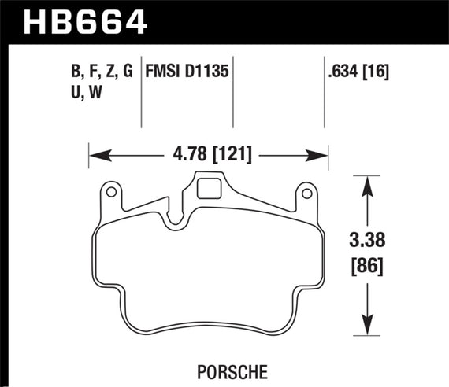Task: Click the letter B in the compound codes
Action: point(76,73)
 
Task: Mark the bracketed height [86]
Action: point(367,266)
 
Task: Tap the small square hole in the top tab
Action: point(208,188)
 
